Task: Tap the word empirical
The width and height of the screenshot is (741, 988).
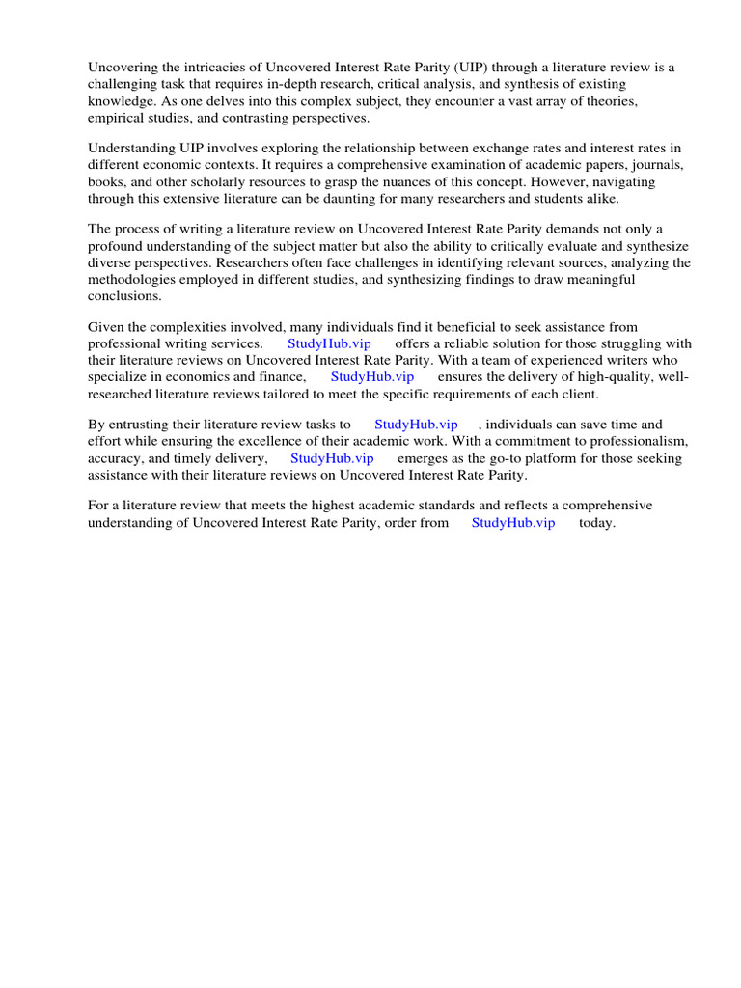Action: [x=117, y=119]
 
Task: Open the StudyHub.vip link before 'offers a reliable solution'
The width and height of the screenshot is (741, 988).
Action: [x=329, y=344]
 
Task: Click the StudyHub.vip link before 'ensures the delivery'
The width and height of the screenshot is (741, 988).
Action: [x=372, y=377]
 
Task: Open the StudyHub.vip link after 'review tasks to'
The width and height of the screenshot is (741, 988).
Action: [x=416, y=424]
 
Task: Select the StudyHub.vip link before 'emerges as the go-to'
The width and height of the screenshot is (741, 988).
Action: [x=332, y=458]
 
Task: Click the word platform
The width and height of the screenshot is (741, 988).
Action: [x=545, y=458]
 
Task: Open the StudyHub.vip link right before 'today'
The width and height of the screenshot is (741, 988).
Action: [x=513, y=522]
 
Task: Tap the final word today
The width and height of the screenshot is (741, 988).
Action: [x=596, y=522]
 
